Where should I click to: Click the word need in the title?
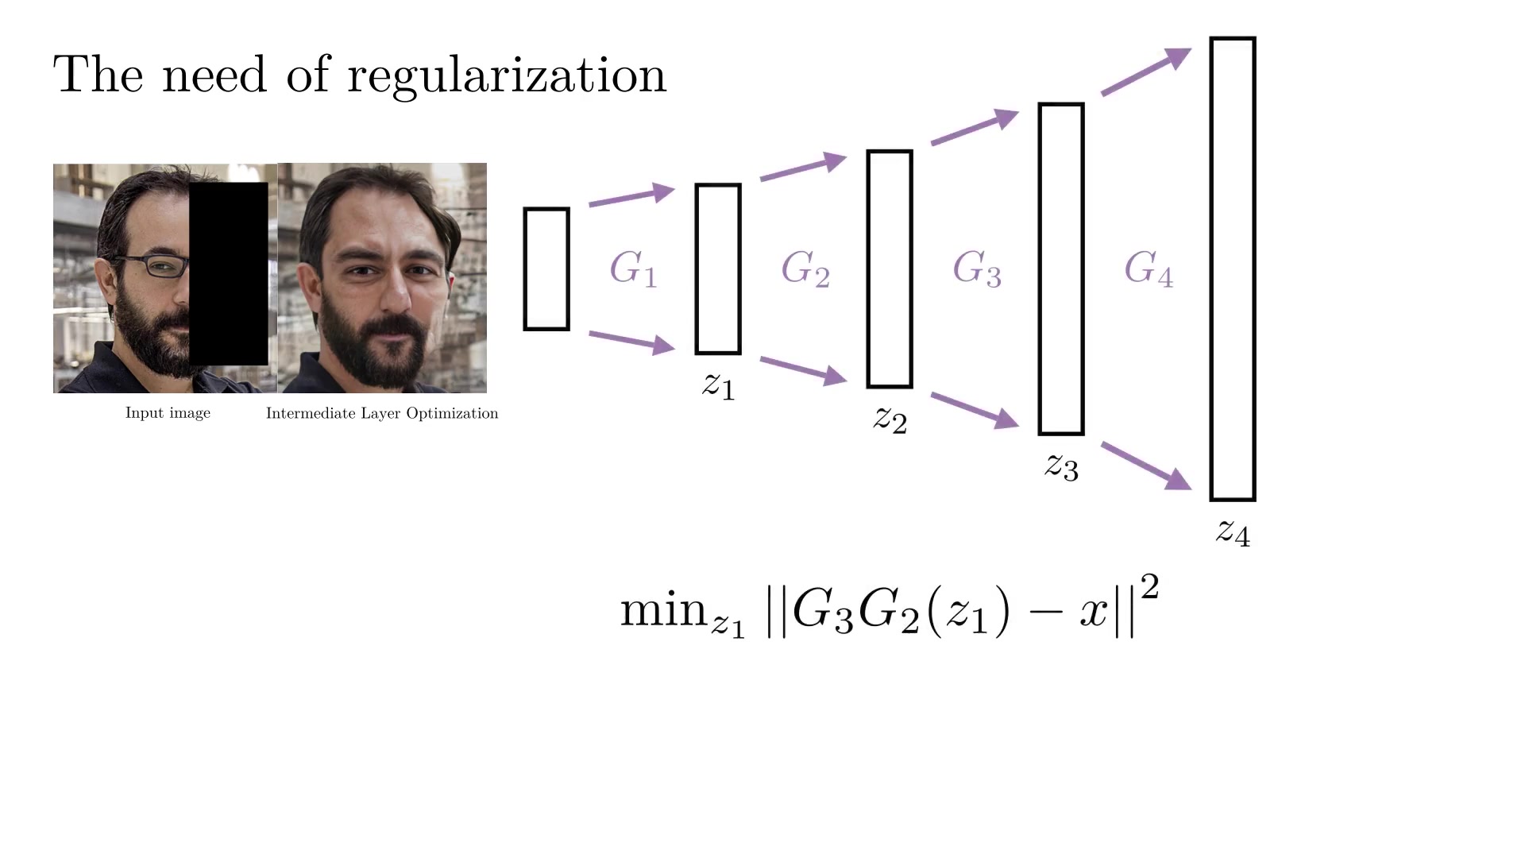[214, 75]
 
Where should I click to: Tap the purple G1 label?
[633, 269]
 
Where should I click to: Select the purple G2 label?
[805, 269]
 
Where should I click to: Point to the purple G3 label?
[977, 269]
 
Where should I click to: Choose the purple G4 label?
[1149, 269]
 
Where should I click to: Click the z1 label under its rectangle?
[719, 386]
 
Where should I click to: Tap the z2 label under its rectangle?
[890, 419]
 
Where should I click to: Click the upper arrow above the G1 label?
[631, 195]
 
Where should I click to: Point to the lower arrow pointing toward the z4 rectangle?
[1146, 466]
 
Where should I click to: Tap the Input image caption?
[168, 414]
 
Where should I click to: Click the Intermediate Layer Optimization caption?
[382, 414]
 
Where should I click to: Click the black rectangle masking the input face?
[229, 274]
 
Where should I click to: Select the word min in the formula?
[663, 610]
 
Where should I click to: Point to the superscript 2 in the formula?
[1149, 589]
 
